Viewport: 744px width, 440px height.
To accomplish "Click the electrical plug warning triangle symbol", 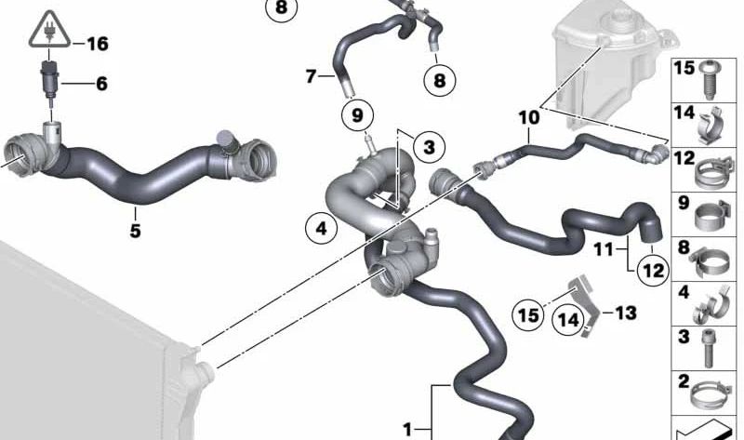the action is pyautogui.click(x=49, y=30).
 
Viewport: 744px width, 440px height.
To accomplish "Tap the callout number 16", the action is pyautogui.click(x=98, y=44).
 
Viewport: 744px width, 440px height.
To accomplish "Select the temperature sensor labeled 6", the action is pyautogui.click(x=48, y=79).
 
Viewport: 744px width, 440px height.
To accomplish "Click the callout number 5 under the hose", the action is pyautogui.click(x=135, y=231).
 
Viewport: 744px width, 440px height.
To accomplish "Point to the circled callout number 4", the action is pyautogui.click(x=321, y=228).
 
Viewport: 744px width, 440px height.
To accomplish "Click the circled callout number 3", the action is pyautogui.click(x=429, y=147).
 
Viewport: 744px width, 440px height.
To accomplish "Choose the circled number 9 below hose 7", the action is pyautogui.click(x=357, y=114).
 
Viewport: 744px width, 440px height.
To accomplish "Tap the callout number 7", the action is pyautogui.click(x=311, y=76).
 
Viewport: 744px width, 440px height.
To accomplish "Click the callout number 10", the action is pyautogui.click(x=529, y=117).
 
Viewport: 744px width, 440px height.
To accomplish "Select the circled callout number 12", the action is pyautogui.click(x=653, y=270).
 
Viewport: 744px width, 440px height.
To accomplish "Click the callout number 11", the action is pyautogui.click(x=604, y=248).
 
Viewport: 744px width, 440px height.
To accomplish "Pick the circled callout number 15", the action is pyautogui.click(x=528, y=314).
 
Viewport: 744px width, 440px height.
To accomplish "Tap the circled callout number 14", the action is pyautogui.click(x=568, y=320).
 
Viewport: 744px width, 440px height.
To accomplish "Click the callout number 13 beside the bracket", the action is pyautogui.click(x=626, y=313).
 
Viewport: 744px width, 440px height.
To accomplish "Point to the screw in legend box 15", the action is pyautogui.click(x=709, y=79).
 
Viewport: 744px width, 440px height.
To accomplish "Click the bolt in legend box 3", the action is pyautogui.click(x=709, y=349).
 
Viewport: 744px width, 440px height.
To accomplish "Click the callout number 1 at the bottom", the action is pyautogui.click(x=407, y=430).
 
